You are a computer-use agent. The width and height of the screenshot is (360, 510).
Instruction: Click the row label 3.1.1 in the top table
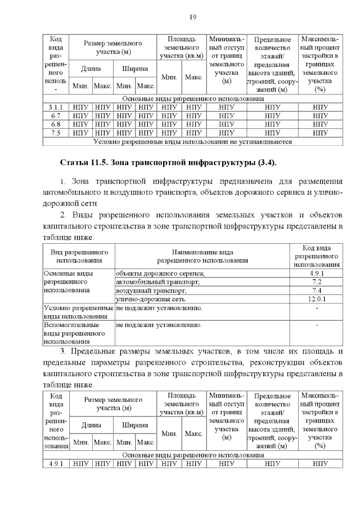[x=56, y=107]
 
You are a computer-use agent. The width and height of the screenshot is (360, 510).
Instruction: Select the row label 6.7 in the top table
[x=56, y=115]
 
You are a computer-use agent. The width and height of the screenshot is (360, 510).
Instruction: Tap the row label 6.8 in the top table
[x=56, y=124]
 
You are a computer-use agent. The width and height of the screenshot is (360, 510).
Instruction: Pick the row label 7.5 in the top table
[x=56, y=133]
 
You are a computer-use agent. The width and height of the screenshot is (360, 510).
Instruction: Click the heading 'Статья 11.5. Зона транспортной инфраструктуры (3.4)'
[x=168, y=163]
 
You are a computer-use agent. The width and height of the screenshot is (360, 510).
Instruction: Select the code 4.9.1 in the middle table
[x=316, y=273]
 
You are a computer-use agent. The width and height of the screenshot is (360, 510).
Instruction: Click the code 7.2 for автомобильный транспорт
[x=316, y=281]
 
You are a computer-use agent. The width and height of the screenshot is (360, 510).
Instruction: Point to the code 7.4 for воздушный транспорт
[x=316, y=290]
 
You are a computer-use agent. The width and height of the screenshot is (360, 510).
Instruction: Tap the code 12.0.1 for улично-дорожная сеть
[x=316, y=299]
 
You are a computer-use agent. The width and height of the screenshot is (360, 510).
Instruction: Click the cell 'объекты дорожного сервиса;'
[x=160, y=273]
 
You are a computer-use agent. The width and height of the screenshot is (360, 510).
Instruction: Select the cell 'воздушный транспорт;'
[x=151, y=290]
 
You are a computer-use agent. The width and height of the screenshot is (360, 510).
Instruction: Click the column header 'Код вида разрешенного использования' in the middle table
[x=316, y=256]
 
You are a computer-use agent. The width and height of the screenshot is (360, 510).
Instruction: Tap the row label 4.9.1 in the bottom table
[x=56, y=464]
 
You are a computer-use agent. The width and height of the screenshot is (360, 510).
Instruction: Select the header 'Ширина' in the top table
[x=135, y=69]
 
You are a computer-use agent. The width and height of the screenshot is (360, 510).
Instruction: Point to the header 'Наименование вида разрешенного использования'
[x=202, y=256]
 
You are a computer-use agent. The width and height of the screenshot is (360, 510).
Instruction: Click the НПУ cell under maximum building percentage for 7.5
[x=320, y=133]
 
